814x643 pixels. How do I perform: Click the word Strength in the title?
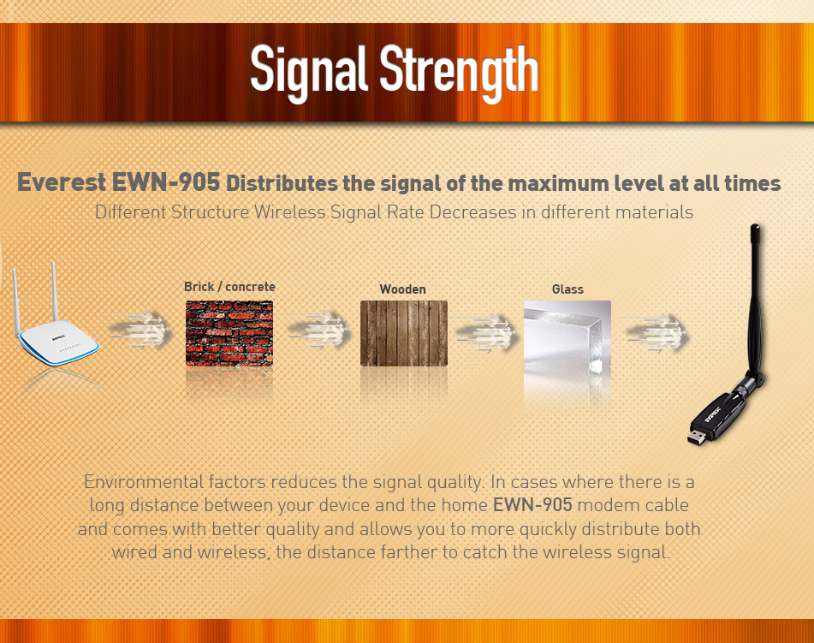(459, 72)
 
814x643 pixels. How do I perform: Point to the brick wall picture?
(229, 333)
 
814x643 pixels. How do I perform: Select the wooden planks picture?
(404, 333)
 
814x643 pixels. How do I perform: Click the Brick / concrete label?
(229, 287)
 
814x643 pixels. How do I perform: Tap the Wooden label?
(403, 289)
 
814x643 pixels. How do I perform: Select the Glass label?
(567, 289)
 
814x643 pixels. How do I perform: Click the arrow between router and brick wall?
(140, 330)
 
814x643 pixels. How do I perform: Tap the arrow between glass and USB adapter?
(657, 333)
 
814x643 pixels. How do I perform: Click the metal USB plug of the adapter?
(697, 438)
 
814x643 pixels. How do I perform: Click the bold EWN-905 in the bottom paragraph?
(532, 505)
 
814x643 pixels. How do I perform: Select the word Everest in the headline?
(62, 183)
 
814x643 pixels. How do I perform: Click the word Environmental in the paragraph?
(144, 482)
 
